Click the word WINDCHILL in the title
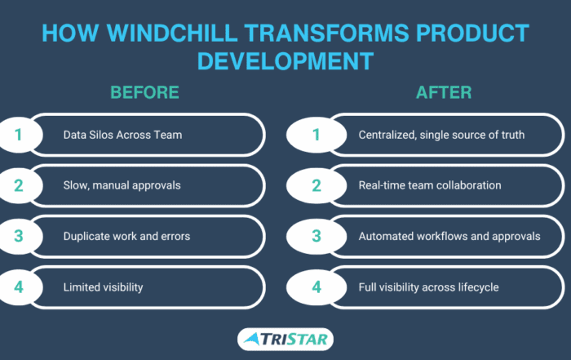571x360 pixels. tap(172, 33)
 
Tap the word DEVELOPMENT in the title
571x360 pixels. tap(285, 61)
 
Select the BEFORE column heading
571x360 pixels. tap(144, 92)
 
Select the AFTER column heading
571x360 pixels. tap(444, 92)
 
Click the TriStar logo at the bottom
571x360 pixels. tap(285, 340)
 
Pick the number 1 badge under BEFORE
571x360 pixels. tap(19, 135)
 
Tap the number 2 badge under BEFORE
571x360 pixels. tap(19, 185)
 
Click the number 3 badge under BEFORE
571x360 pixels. tap(19, 236)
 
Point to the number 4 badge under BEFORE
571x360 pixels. tap(19, 287)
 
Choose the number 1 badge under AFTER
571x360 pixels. tap(316, 135)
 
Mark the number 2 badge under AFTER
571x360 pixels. tap(316, 185)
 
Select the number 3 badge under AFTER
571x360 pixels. tap(316, 236)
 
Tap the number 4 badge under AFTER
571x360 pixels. tap(316, 287)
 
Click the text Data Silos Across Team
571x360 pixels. tap(122, 135)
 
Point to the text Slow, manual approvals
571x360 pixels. tap(122, 185)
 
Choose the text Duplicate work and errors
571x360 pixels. tap(126, 236)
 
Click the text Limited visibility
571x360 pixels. tap(103, 287)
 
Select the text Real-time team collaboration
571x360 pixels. tap(430, 185)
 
